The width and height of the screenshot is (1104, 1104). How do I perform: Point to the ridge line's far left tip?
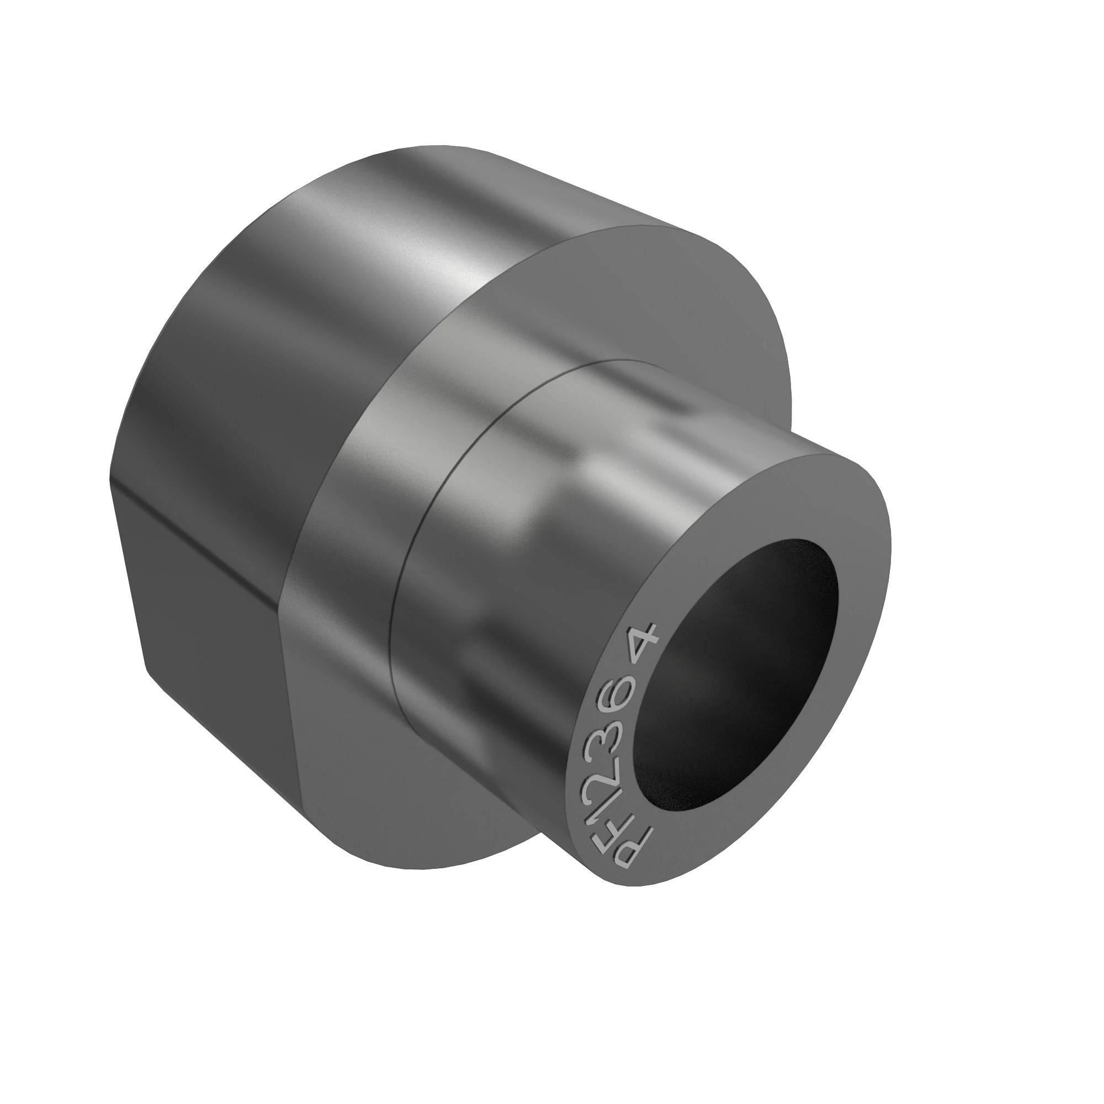[112, 480]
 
